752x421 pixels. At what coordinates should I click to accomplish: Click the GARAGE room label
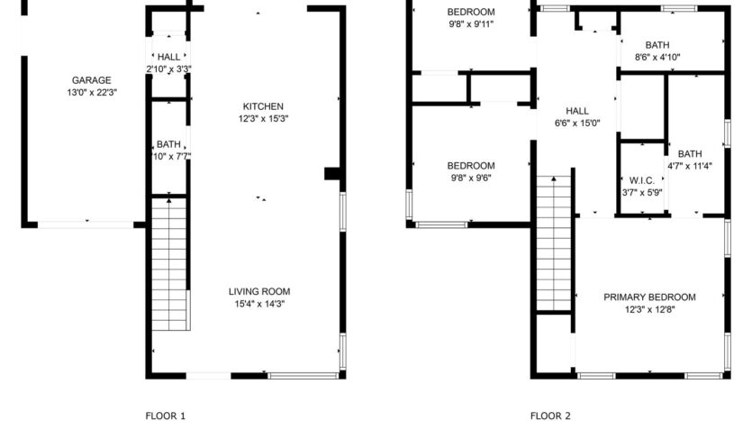coord(92,79)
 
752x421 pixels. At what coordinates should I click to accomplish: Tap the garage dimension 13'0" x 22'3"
coord(92,92)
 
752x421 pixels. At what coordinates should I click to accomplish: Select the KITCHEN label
coord(263,105)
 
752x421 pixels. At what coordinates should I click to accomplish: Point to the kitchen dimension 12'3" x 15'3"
coord(263,118)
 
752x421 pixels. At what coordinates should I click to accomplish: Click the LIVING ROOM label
coord(259,291)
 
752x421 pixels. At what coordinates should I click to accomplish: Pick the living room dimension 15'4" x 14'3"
coord(259,304)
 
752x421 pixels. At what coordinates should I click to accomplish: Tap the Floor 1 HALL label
coord(168,57)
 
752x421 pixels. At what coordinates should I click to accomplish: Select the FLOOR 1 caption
coord(166,416)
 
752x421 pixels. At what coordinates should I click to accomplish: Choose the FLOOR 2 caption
coord(550,416)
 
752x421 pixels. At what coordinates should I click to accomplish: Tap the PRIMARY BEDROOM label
coord(649,297)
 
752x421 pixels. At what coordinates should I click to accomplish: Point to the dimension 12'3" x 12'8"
coord(649,310)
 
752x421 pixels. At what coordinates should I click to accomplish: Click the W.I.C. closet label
coord(642,179)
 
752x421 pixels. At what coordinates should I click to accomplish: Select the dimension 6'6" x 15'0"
coord(576,124)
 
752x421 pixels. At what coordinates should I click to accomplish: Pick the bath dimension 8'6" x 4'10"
coord(657,57)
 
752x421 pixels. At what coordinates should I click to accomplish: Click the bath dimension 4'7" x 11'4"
coord(690,166)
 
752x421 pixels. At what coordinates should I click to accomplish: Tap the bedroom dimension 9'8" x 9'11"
coord(472,24)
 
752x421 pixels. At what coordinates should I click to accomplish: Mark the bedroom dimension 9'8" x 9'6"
coord(472,178)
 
